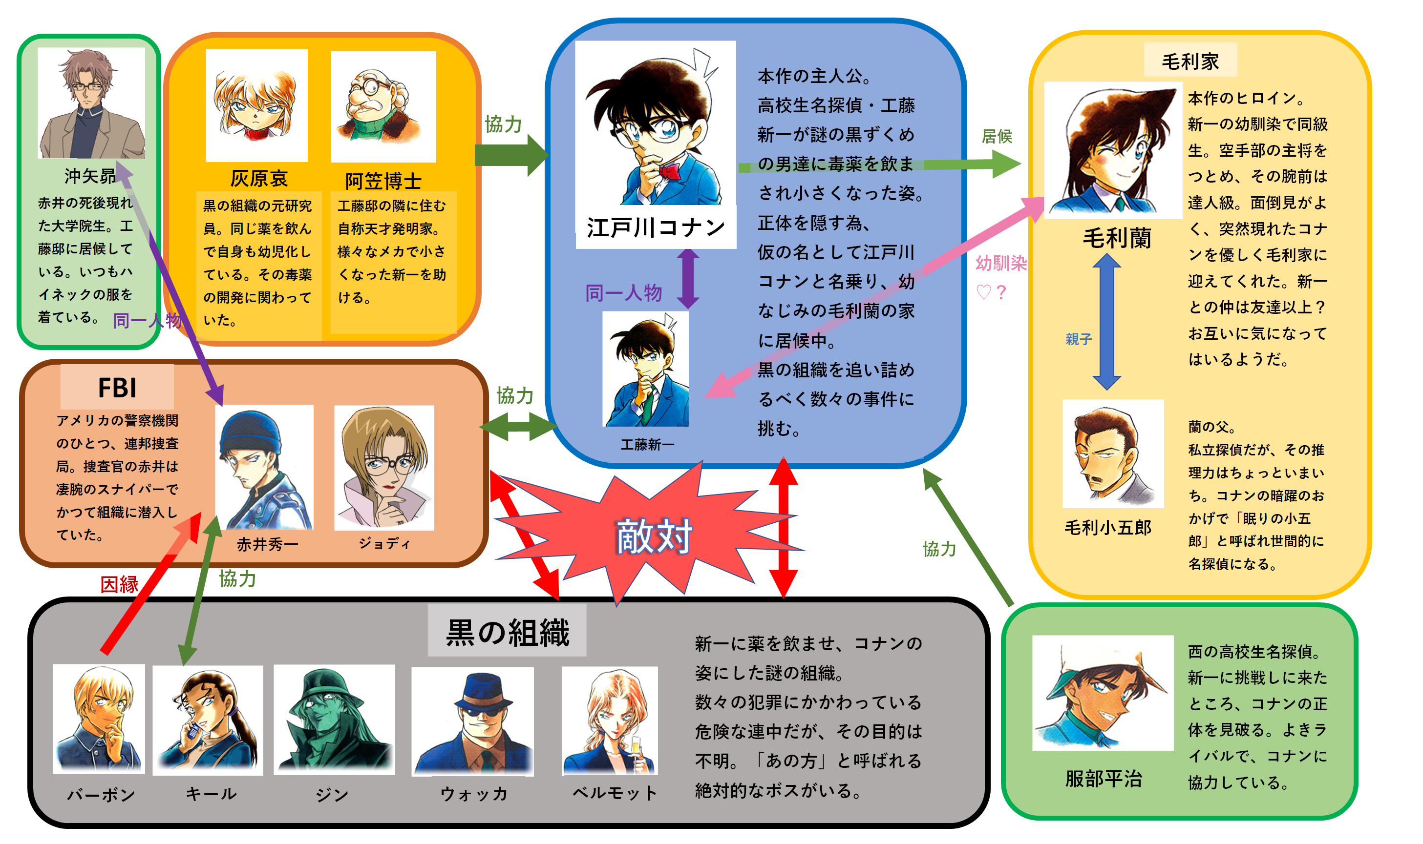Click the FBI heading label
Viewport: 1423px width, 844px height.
117,387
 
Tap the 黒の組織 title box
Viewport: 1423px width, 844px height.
507,631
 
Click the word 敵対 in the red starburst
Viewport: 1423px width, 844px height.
654,536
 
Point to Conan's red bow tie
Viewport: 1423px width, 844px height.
670,171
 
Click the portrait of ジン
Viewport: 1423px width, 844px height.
334,720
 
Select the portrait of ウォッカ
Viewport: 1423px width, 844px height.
472,721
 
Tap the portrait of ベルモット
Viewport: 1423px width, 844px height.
609,721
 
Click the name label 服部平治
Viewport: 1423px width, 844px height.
1103,779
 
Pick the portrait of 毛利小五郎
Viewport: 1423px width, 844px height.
1112,454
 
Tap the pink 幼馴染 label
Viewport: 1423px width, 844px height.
1001,263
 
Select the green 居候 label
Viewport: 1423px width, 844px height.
997,137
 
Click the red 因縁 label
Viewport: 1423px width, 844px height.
120,584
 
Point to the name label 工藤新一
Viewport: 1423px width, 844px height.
647,445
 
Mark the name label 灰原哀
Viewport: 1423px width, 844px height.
259,179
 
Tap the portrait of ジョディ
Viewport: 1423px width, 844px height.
384,468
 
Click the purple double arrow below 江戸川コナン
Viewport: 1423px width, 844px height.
688,279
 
